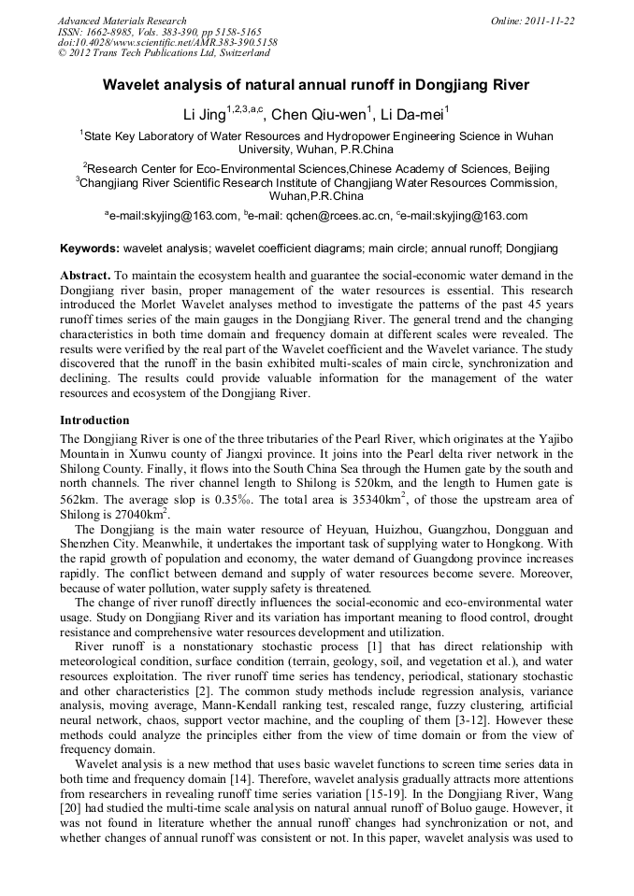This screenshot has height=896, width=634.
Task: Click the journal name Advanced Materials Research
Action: click(122, 21)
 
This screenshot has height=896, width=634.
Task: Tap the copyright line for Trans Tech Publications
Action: click(163, 54)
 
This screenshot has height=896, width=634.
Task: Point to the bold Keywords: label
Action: click(90, 249)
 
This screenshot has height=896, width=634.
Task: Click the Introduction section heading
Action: click(94, 420)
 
